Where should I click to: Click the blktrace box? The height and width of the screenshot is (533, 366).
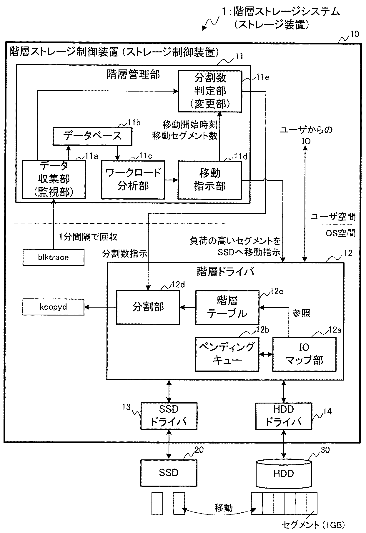53,257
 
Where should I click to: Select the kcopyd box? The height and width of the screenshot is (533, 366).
53,307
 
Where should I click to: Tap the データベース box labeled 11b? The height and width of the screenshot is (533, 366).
92,136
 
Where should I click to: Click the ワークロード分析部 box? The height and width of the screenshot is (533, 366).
133,180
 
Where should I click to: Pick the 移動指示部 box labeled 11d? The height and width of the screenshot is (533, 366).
209,180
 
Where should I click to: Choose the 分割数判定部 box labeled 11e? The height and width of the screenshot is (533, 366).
210,91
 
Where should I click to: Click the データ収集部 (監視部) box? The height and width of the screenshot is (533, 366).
54,180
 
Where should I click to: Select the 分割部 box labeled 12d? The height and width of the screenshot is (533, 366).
148,307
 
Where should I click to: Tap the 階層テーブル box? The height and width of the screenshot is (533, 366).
227,307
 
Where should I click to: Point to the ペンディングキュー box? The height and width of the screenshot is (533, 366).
227,354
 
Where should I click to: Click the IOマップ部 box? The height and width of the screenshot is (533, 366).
304,354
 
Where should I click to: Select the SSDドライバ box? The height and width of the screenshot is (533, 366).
169,416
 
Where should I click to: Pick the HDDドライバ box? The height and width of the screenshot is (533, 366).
284,416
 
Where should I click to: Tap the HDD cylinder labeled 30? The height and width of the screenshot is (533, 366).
284,473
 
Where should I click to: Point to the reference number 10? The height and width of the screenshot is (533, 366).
355,34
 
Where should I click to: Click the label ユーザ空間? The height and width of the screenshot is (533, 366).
333,217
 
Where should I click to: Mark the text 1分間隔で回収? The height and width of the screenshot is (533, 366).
88,237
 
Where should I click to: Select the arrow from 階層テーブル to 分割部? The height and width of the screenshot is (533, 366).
188,308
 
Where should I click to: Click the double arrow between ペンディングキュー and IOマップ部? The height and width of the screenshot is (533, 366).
266,354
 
